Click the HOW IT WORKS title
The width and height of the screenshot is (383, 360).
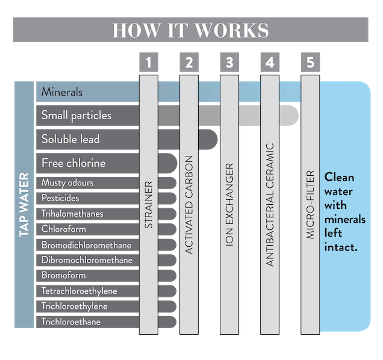tap(190, 30)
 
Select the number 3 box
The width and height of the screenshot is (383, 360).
tap(229, 62)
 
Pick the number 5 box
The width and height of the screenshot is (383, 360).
tap(310, 62)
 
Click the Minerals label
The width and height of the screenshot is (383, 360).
tap(62, 92)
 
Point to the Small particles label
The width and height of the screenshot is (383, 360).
tap(76, 115)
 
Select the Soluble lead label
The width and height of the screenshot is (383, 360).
tap(70, 139)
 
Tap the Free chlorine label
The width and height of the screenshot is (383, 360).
tap(73, 163)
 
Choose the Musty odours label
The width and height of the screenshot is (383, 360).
tap(67, 182)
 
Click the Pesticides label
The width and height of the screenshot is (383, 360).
tap(60, 198)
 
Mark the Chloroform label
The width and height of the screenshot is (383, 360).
tap(63, 229)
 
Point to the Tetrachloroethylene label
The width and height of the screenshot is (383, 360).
tap(79, 291)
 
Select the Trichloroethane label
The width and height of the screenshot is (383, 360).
tap(71, 322)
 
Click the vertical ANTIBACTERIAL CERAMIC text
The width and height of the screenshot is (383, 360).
tap(270, 205)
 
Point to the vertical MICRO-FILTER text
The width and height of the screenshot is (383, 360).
tap(310, 205)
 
